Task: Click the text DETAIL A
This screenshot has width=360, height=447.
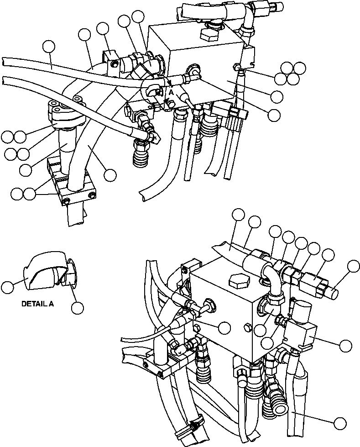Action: click(x=37, y=304)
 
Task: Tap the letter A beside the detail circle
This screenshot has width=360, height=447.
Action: click(x=171, y=92)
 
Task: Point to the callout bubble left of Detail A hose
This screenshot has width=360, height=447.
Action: click(x=7, y=287)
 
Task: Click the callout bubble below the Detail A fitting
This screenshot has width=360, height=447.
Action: click(x=78, y=308)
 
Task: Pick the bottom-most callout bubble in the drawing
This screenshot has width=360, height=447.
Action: click(x=339, y=423)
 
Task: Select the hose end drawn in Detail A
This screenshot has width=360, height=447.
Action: click(x=43, y=273)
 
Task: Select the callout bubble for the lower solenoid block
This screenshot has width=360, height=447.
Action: click(x=346, y=346)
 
